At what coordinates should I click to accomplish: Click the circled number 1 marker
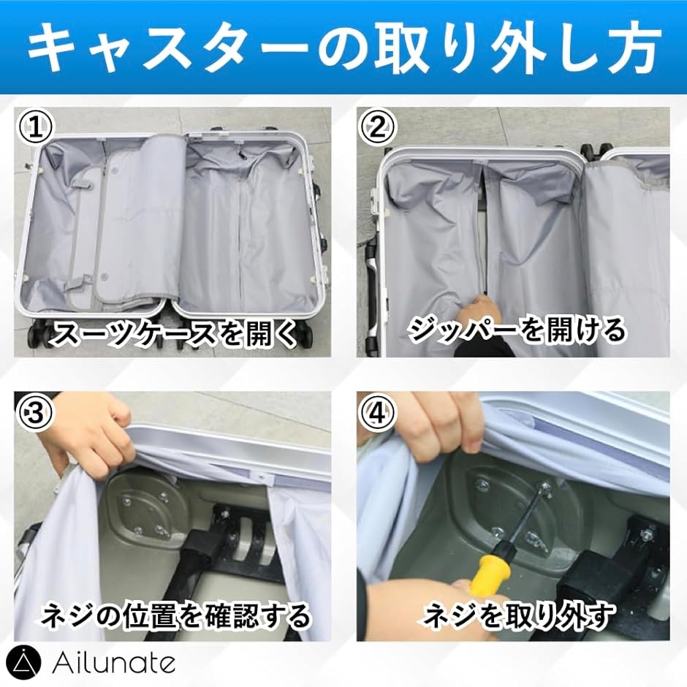(34, 127)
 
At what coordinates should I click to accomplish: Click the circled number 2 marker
(378, 127)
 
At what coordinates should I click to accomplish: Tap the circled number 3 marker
(34, 412)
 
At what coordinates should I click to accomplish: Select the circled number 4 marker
(378, 412)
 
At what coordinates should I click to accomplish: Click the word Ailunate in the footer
(113, 663)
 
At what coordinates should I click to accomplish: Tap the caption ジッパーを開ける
(516, 330)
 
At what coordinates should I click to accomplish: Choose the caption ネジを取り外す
(517, 615)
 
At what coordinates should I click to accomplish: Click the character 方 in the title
(631, 47)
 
